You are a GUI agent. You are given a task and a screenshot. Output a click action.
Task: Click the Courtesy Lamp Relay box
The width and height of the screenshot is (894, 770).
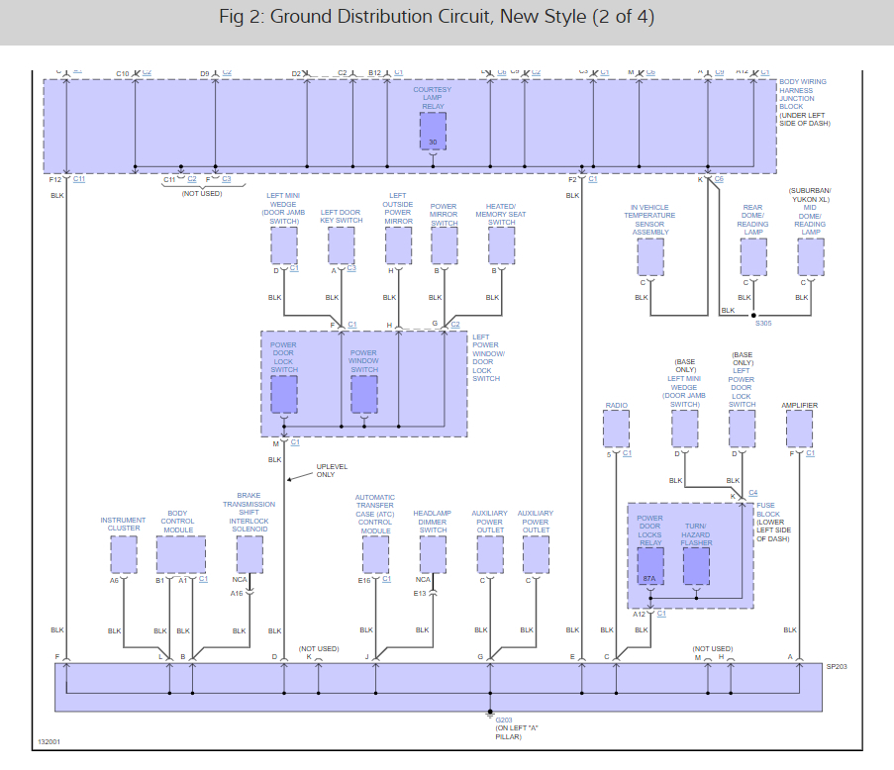coord(433,131)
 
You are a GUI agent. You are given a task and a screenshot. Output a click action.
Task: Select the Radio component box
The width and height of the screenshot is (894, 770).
coord(616,429)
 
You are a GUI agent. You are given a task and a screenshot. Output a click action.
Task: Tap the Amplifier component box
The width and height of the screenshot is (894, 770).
coord(799,429)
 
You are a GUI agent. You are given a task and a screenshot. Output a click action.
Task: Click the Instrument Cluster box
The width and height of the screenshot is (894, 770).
coord(123,554)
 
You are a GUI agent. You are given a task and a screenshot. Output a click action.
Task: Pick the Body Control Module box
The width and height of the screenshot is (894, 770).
coord(180,554)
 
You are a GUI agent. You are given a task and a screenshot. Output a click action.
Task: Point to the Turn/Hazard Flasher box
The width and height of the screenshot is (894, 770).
coord(697,566)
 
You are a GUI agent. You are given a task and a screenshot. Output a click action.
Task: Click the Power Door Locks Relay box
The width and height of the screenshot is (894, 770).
coord(649,566)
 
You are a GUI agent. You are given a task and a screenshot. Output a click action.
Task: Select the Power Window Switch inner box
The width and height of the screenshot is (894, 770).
coord(364,394)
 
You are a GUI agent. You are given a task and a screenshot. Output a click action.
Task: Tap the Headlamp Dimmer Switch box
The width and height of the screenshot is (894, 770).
coord(433,554)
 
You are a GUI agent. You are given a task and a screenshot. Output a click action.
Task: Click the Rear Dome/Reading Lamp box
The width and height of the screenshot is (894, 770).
coord(753,257)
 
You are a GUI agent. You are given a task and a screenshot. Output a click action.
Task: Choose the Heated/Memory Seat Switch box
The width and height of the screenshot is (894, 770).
coord(501,245)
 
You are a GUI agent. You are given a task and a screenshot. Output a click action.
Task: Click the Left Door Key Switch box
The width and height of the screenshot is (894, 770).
coord(341,245)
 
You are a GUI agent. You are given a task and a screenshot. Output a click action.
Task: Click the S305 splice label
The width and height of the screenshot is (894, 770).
coord(763,323)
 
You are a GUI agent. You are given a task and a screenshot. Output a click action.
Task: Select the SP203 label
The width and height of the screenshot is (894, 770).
coord(837,667)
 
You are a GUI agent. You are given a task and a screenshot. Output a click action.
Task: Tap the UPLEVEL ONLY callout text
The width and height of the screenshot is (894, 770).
coord(326,470)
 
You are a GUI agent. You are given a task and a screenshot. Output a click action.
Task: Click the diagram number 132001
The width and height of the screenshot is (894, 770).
coord(50,740)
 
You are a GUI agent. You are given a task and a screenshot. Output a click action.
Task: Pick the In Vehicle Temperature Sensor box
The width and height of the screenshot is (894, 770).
coord(650,257)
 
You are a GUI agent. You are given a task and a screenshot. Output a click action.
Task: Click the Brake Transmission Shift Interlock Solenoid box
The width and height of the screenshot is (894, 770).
coord(249,554)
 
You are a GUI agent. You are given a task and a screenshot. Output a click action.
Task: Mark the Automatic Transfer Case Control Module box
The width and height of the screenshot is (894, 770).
coord(375,554)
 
